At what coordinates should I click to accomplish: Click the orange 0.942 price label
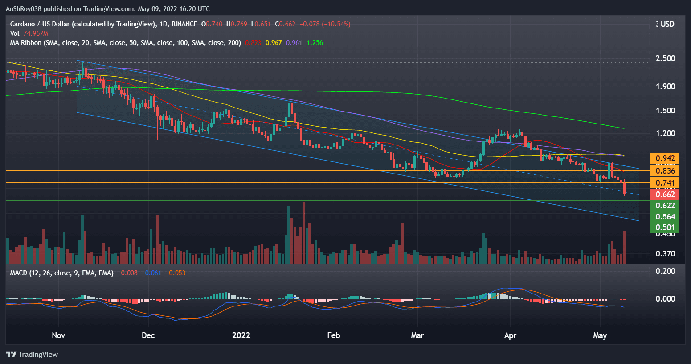[x=665, y=158]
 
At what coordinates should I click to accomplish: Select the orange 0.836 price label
[x=665, y=171]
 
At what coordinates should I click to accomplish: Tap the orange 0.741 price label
[x=665, y=182]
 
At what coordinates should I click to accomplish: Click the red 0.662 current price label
[x=665, y=194]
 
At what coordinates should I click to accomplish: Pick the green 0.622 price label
[x=665, y=205]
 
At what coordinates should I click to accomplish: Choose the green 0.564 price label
[x=665, y=216]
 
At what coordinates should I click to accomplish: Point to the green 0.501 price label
[x=665, y=227]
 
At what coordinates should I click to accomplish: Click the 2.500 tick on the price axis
[x=665, y=58]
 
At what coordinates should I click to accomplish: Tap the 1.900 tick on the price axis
[x=665, y=87]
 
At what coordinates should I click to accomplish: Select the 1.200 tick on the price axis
[x=665, y=133]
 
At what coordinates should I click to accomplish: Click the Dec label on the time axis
[x=148, y=335]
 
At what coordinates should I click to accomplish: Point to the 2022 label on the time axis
[x=241, y=335]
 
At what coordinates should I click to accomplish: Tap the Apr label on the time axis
[x=510, y=335]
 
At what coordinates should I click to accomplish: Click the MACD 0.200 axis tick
[x=665, y=271]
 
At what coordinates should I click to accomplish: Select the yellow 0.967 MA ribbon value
[x=274, y=43]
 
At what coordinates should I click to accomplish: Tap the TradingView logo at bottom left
[x=32, y=354]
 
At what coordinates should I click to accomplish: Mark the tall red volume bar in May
[x=624, y=247]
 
